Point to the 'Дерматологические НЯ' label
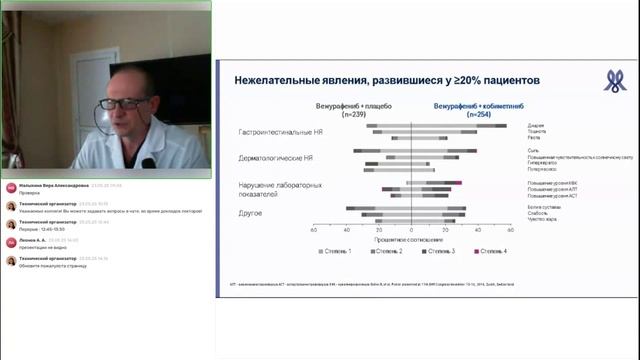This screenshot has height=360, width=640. pyautogui.click(x=276, y=158)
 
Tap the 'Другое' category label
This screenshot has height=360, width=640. pyautogui.click(x=251, y=213)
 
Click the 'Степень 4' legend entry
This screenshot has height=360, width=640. pyautogui.click(x=489, y=251)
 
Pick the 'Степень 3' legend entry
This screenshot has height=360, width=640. pyautogui.click(x=438, y=251)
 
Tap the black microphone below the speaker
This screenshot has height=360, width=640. pyautogui.click(x=148, y=162)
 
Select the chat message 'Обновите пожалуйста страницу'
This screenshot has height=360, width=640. pyautogui.click(x=55, y=264)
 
